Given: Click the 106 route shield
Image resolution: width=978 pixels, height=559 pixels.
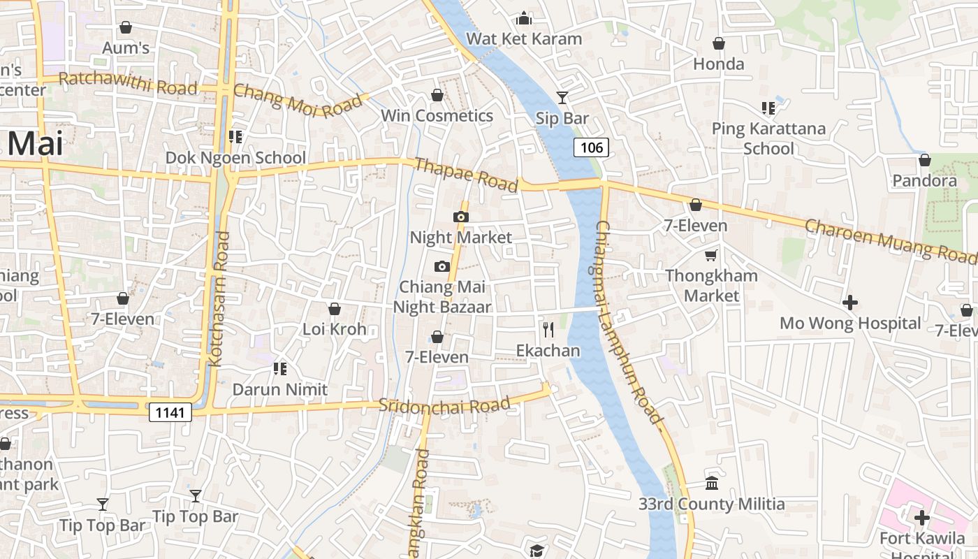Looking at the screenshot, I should click(x=591, y=147).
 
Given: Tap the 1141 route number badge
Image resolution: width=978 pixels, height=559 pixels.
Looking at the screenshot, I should click(x=170, y=412).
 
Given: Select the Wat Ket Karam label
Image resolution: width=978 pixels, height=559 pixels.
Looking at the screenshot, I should click(x=524, y=38).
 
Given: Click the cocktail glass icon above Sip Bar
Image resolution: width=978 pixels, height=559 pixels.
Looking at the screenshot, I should click(x=562, y=97).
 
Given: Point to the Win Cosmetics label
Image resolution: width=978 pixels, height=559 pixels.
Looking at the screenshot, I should click(x=437, y=115).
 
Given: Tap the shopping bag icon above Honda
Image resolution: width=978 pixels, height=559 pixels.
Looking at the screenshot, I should click(x=719, y=44).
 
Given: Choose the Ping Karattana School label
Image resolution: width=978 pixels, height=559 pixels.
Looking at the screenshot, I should click(x=768, y=138).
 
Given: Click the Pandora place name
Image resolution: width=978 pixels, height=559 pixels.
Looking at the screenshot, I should click(x=924, y=181).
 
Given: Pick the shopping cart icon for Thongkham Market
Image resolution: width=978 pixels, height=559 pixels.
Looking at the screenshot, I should click(x=711, y=256).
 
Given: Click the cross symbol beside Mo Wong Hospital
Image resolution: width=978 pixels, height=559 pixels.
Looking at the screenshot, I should click(x=850, y=303).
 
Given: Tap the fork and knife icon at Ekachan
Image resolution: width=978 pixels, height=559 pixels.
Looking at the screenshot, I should click(x=548, y=329).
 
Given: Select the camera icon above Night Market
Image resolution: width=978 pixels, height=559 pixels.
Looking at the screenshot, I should click(x=460, y=217).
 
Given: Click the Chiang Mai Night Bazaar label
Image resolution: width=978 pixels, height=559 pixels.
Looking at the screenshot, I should click(x=441, y=296).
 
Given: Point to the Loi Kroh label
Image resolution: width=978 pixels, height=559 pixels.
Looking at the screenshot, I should click(x=334, y=328).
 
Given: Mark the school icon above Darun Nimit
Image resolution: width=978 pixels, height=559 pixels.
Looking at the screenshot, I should click(x=280, y=368).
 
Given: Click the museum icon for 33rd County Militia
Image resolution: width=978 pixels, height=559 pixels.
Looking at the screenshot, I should click(x=712, y=483).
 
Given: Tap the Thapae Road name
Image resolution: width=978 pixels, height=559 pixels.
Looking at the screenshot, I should click(x=466, y=175).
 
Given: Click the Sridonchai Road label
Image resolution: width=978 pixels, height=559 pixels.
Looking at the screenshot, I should click(x=444, y=405).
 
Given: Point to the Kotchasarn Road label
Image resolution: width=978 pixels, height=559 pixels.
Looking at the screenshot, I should click(x=219, y=299).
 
